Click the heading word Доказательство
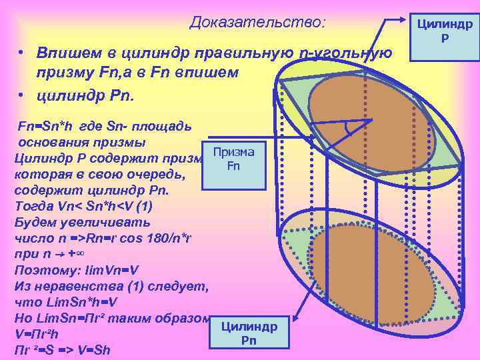pyautogui.click(x=257, y=23)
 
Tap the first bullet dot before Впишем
pyautogui.click(x=21, y=53)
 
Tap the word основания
pyautogui.click(x=57, y=143)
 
